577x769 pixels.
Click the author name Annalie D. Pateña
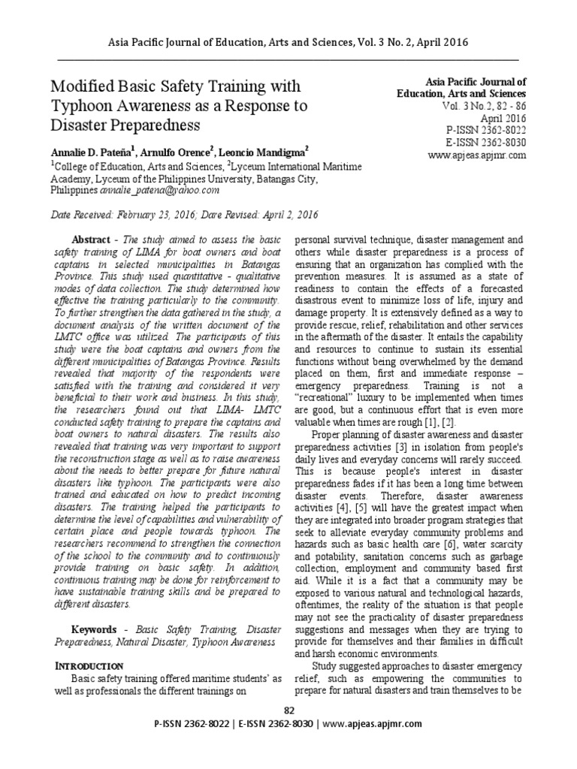pyautogui.click(x=92, y=150)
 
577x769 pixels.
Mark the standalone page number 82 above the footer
pyautogui.click(x=288, y=710)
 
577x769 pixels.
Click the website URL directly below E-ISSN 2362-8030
pyautogui.click(x=477, y=155)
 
